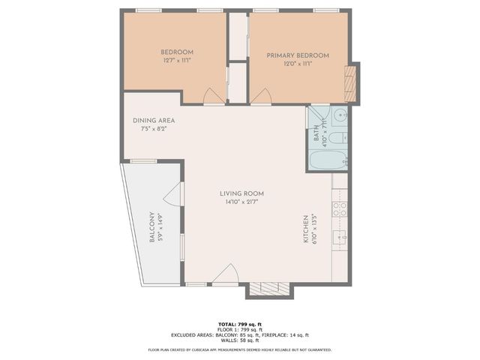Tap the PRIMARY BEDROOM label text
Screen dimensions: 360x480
[x=297, y=55]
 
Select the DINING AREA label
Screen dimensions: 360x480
[x=154, y=121]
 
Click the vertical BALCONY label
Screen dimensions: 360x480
[x=152, y=226]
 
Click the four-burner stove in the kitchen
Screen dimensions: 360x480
[x=340, y=208]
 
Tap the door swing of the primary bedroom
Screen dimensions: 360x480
[x=261, y=97]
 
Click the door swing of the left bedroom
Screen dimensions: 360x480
[x=213, y=96]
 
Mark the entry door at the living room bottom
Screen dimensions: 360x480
[x=225, y=275]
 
